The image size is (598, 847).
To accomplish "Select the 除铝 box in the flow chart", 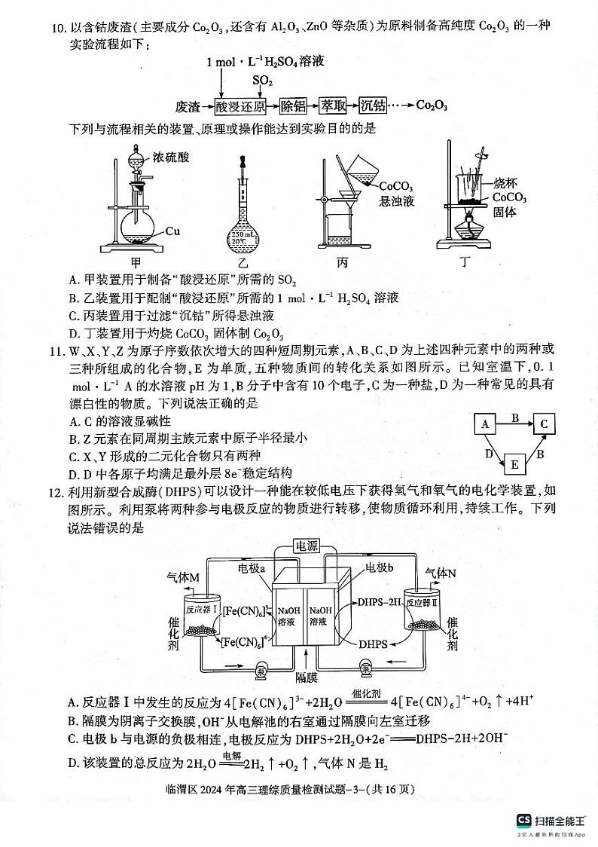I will [x=294, y=106].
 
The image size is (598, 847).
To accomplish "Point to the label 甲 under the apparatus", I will [x=136, y=262].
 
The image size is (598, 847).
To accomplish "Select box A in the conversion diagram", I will [x=486, y=423].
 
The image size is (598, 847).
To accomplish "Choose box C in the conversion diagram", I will [x=543, y=424].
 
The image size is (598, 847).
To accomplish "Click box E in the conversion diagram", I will [x=514, y=463].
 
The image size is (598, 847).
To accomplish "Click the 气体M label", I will [x=183, y=577].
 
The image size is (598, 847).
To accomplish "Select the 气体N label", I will [x=441, y=573].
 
